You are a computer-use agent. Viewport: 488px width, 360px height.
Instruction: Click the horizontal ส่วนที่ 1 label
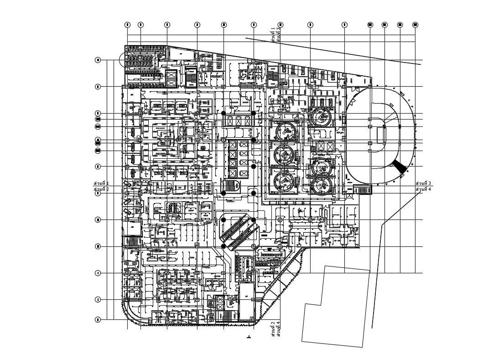pyautogui.click(x=101, y=183)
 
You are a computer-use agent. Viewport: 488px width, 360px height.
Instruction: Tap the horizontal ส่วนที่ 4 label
pyautogui.click(x=423, y=189)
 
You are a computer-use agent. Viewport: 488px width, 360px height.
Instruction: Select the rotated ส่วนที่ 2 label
pyautogui.click(x=273, y=329)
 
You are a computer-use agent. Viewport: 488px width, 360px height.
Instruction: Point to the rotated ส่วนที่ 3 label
pyautogui.click(x=278, y=35)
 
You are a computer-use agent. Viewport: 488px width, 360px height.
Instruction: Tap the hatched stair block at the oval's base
pyautogui.click(x=363, y=190)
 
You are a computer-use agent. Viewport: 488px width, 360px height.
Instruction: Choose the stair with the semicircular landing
pyautogui.click(x=232, y=186)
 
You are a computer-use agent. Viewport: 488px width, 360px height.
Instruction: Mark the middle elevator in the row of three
pyautogui.click(x=239, y=121)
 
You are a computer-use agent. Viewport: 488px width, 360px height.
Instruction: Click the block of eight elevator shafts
pyautogui.click(x=238, y=157)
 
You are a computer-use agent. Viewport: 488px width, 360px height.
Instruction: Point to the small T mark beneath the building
pyautogui.click(x=249, y=337)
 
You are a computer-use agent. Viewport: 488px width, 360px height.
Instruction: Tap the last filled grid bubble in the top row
pyautogui.click(x=415, y=25)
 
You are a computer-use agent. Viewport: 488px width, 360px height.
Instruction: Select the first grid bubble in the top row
pyautogui.click(x=127, y=25)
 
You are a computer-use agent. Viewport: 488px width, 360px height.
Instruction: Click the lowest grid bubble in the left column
pyautogui.click(x=98, y=320)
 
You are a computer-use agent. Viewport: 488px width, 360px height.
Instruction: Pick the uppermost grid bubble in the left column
pyautogui.click(x=98, y=60)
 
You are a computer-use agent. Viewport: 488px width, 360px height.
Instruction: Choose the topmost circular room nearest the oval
pyautogui.click(x=322, y=117)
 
